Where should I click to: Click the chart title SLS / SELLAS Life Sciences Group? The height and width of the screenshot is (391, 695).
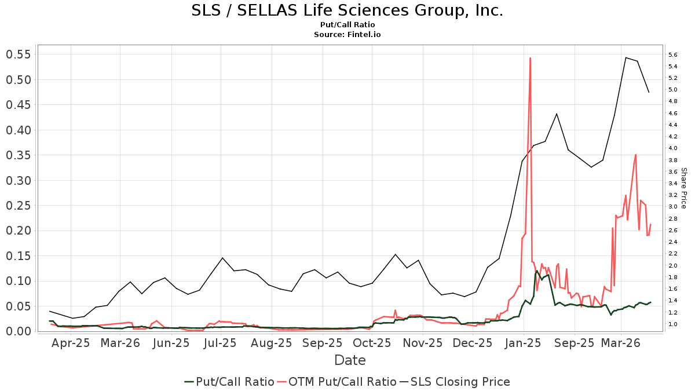[347, 10]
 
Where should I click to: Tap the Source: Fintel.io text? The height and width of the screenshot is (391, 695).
[347, 34]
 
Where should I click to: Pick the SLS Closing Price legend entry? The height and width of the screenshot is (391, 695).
[460, 382]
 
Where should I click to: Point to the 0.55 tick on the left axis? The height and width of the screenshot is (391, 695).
[18, 54]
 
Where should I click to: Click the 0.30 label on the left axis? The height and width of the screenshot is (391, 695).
[18, 181]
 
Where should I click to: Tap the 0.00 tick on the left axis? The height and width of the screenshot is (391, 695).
[18, 331]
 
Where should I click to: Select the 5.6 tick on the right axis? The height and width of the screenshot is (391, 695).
[673, 55]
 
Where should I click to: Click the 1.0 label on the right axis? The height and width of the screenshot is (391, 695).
[673, 324]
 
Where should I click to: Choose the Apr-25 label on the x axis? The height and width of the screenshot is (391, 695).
[71, 343]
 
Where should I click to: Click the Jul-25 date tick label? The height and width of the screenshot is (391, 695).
[220, 343]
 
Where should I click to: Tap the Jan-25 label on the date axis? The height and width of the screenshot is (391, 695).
[524, 343]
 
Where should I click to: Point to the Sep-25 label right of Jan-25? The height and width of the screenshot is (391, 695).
[575, 343]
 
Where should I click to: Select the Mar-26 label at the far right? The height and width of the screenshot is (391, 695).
[621, 343]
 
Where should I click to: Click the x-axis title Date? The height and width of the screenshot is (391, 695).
[350, 360]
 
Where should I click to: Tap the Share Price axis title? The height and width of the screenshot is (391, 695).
[683, 188]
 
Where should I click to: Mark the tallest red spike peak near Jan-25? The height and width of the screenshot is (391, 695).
[530, 58]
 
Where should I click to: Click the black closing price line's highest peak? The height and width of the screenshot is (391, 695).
[625, 57]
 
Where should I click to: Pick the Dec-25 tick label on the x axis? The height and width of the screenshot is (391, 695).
[473, 343]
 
